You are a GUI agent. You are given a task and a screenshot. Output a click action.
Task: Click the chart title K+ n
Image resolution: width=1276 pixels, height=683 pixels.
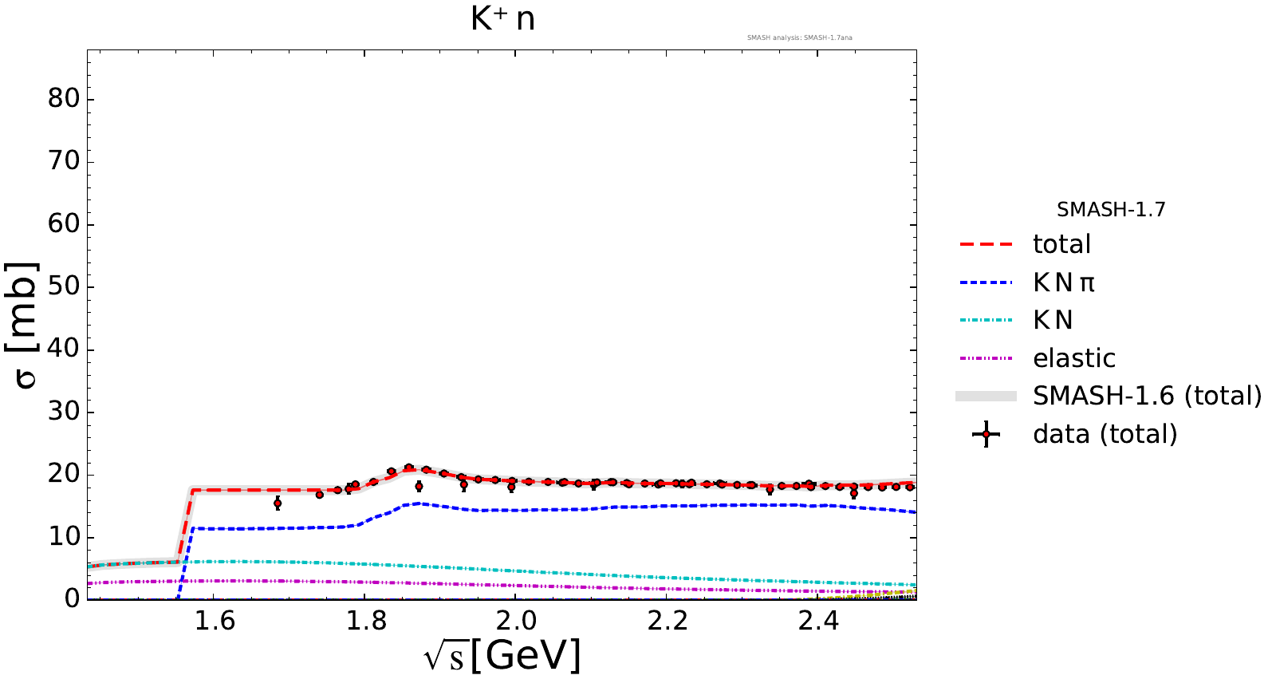point(502,19)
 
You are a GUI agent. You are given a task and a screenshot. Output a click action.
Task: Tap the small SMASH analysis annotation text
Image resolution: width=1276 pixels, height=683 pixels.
point(799,38)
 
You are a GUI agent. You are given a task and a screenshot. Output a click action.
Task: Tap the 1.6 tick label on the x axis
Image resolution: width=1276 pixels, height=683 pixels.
point(215,620)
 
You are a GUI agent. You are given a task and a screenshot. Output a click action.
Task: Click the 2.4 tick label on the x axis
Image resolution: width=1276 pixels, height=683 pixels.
point(817,620)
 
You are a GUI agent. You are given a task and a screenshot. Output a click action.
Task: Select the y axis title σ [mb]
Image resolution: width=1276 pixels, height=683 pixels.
point(24,325)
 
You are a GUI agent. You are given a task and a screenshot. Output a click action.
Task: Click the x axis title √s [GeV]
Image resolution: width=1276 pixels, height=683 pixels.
point(502,656)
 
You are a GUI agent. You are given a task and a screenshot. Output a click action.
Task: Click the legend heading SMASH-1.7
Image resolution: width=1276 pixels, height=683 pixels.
point(1111,210)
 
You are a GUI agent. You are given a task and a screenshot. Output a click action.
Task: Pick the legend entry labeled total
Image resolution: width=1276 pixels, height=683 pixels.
point(1061,244)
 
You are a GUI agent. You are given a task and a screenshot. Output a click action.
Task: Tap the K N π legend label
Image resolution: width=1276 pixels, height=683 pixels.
point(1064,282)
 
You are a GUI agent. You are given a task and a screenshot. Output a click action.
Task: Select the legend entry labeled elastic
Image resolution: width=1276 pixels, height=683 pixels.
point(1073,358)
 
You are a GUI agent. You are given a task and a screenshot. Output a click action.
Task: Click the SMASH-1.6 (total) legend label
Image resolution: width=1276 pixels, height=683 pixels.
point(1147,396)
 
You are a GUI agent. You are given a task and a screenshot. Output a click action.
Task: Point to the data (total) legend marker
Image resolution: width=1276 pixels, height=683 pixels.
point(987,434)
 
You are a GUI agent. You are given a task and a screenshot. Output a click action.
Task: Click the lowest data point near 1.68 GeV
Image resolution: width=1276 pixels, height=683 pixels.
point(278,503)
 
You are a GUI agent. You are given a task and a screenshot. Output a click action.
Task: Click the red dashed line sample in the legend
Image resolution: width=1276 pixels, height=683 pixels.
point(986,244)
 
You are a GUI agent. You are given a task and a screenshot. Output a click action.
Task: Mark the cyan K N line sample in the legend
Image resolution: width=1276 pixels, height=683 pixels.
point(986,320)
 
